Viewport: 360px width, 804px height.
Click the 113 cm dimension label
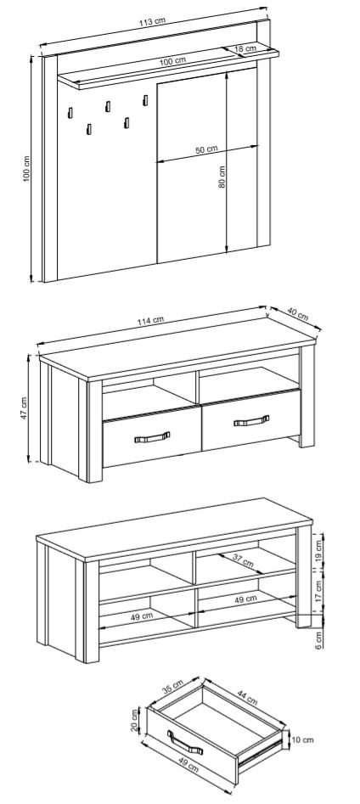tap(152, 21)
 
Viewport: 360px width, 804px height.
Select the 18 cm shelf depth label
tap(245, 48)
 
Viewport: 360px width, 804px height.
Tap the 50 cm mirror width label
tap(206, 149)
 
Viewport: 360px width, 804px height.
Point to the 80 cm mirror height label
tap(222, 176)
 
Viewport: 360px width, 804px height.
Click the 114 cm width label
tap(151, 320)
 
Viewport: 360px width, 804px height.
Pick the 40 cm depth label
tap(298, 314)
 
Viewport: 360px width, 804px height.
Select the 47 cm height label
tap(24, 408)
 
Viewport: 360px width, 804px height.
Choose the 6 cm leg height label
tap(318, 639)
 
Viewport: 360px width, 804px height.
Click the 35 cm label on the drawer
tap(172, 686)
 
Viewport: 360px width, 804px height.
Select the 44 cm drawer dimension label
tap(248, 697)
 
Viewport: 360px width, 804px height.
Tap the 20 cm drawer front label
tap(135, 720)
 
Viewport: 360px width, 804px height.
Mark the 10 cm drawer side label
tap(302, 740)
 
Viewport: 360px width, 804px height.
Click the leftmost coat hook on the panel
tap(70, 113)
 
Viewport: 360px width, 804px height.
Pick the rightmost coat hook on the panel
tap(145, 100)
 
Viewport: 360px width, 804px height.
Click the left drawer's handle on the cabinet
tap(152, 437)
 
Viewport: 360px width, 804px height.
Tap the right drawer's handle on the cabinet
tap(251, 420)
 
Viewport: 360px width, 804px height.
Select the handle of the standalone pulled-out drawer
tap(184, 743)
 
